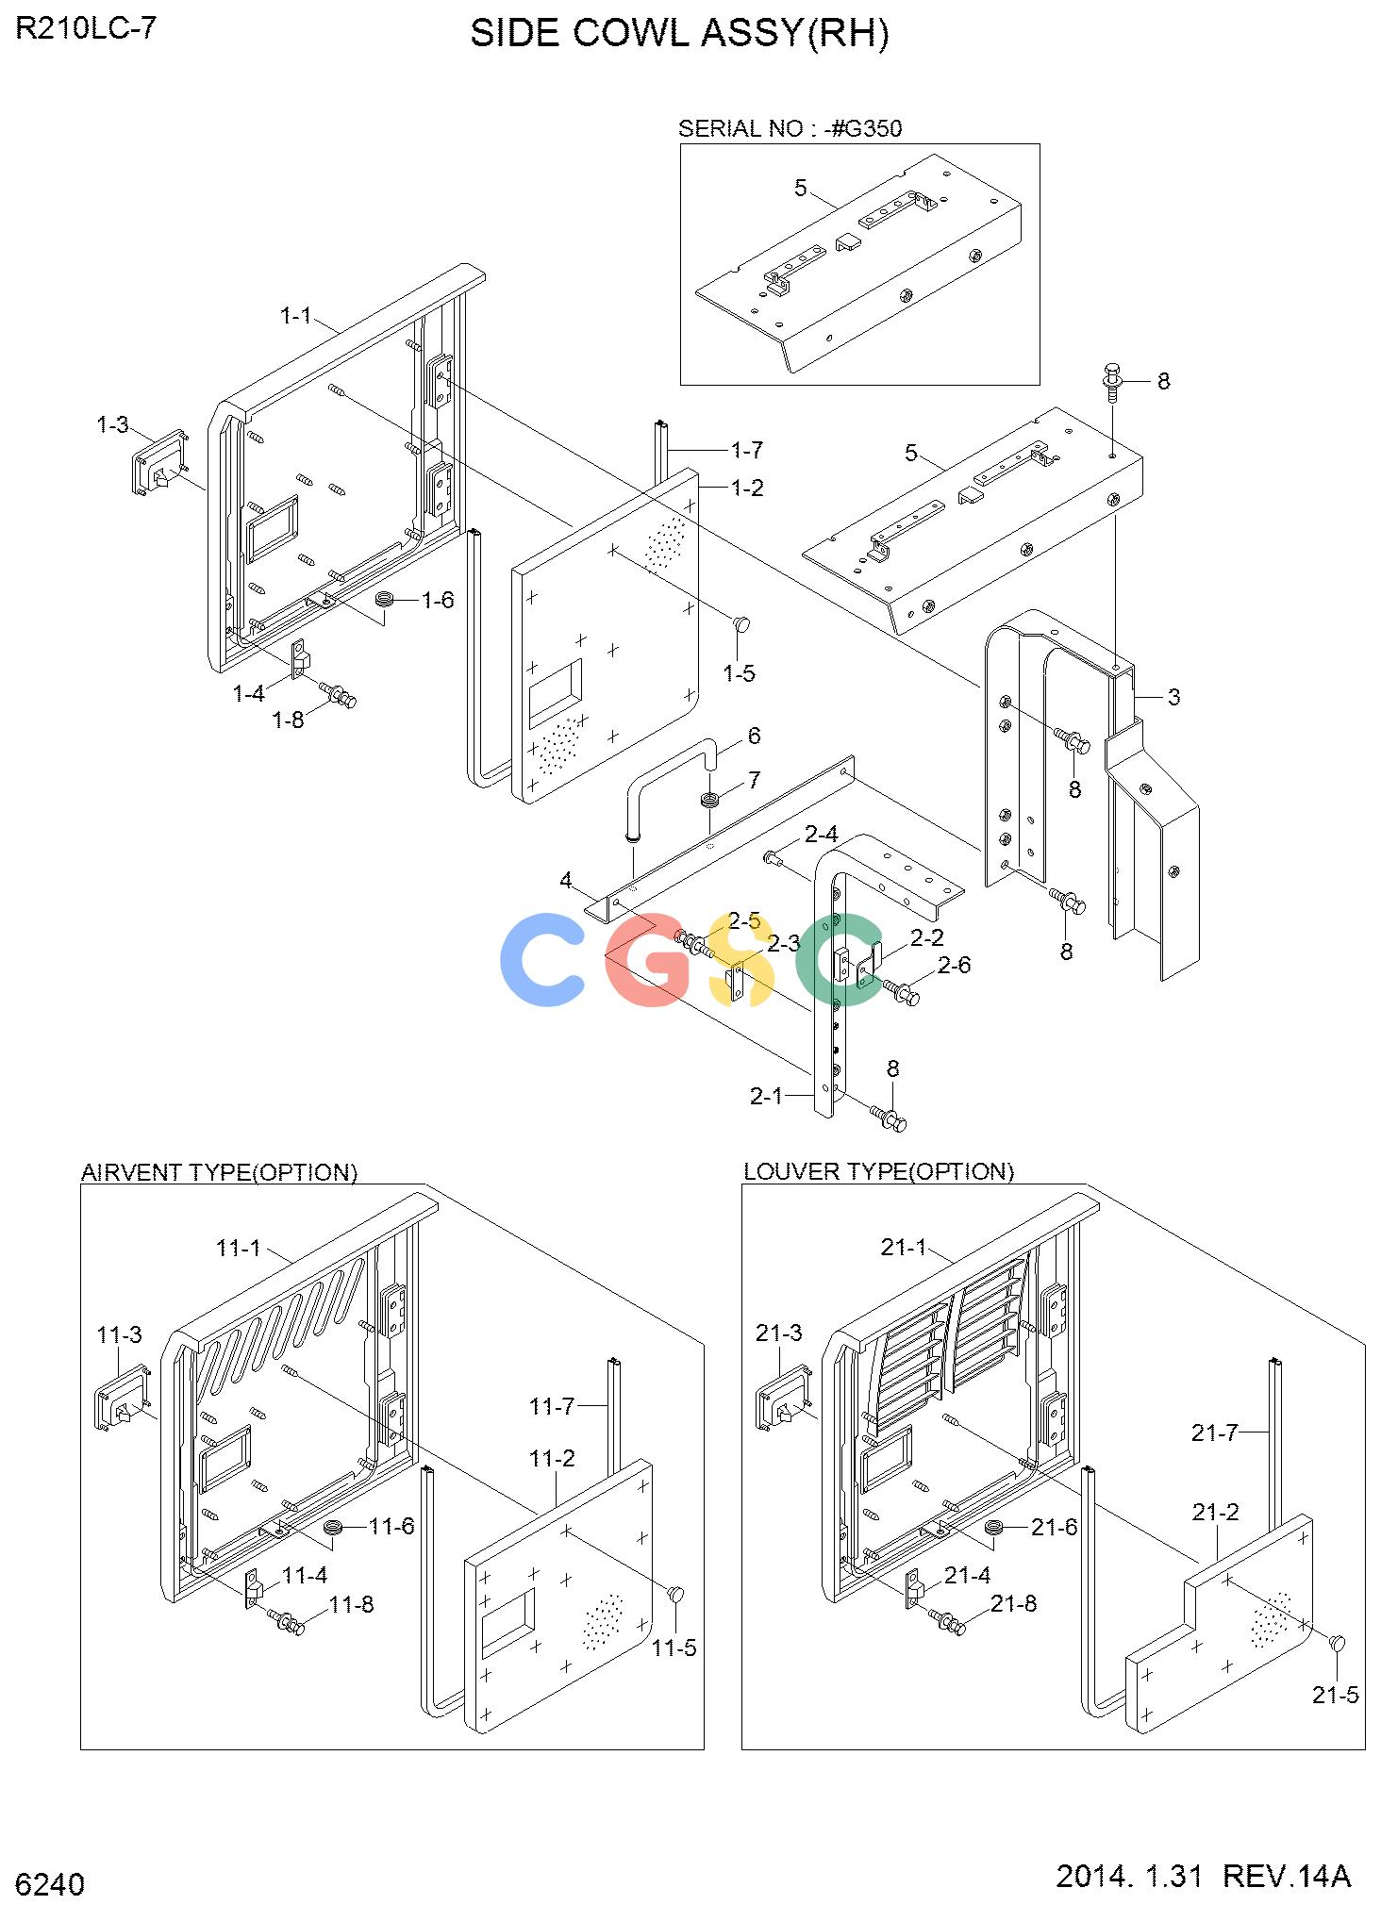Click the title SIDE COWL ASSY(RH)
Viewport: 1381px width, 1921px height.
coord(679,34)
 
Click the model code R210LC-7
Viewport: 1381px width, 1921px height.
coord(86,28)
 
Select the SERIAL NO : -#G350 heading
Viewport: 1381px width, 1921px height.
coord(790,128)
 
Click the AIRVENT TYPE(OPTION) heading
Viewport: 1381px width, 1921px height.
coord(220,1172)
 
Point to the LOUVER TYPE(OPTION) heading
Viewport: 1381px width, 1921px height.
coord(879,1171)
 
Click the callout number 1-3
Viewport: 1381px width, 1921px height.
coord(112,425)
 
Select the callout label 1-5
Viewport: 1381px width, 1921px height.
coord(739,673)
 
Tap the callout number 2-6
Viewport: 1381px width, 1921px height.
coord(954,965)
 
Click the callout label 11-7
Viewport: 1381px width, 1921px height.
coord(552,1407)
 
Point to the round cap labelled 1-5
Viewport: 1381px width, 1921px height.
coord(742,623)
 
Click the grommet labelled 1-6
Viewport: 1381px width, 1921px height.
coord(385,600)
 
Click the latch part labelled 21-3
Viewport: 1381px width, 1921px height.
coord(784,1398)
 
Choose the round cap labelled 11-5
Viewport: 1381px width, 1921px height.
coord(675,1594)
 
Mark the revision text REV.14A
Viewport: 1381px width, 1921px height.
coord(1287,1877)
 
